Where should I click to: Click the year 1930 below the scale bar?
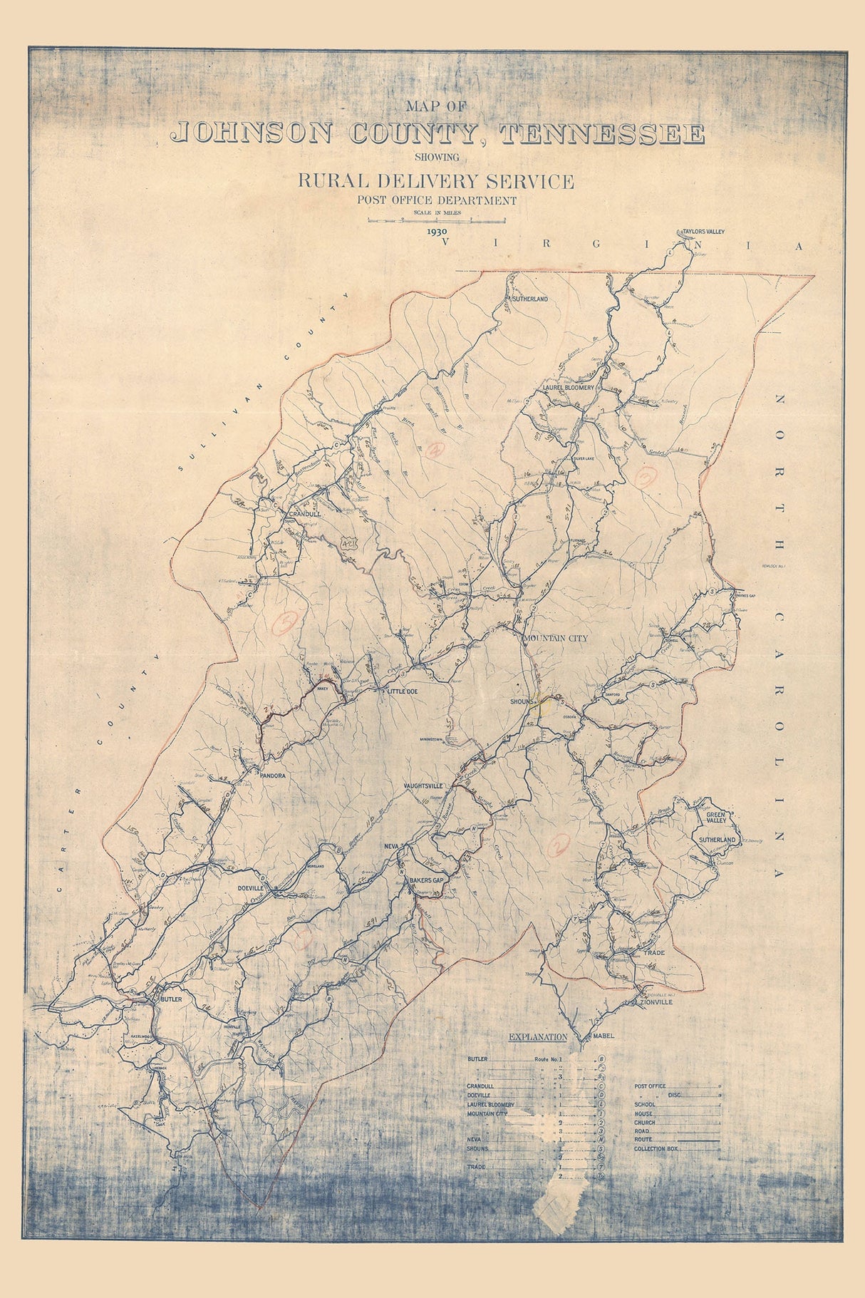point(437,232)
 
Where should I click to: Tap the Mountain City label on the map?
point(556,638)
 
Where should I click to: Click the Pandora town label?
point(273,775)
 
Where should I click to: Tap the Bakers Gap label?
point(426,881)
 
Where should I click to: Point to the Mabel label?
point(602,1036)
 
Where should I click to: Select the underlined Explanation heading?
point(537,1037)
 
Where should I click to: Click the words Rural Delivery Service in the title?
point(435,181)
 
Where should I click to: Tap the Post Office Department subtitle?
point(437,200)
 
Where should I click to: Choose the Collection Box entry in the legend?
point(656,1149)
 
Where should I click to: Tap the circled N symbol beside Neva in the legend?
point(601,1140)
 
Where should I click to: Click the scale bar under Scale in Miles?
point(436,221)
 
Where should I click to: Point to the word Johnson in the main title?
point(252,134)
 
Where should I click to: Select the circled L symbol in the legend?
point(601,1105)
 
